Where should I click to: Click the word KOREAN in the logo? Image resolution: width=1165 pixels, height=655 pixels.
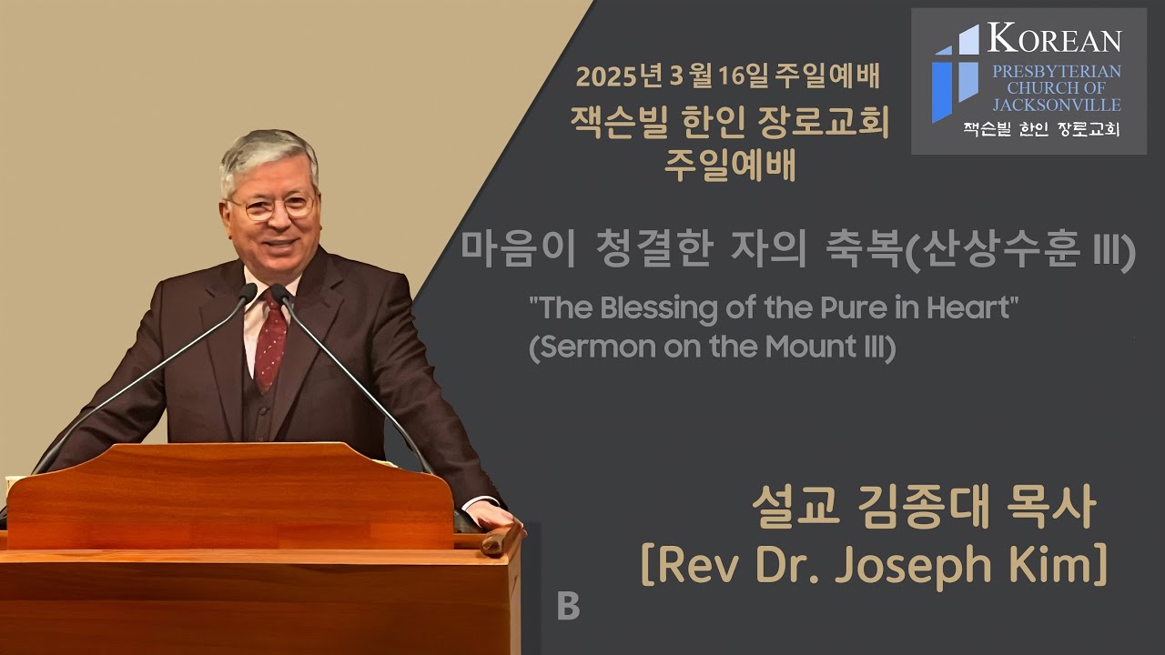(1055, 40)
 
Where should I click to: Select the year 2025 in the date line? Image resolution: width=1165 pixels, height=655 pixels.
(606, 76)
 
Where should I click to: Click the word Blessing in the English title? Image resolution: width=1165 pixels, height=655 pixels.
(658, 308)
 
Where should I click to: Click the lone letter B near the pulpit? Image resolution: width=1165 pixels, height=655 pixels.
(568, 607)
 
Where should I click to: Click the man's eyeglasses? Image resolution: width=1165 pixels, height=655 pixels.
(271, 207)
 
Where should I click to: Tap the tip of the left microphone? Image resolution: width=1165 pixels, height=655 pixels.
(248, 292)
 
